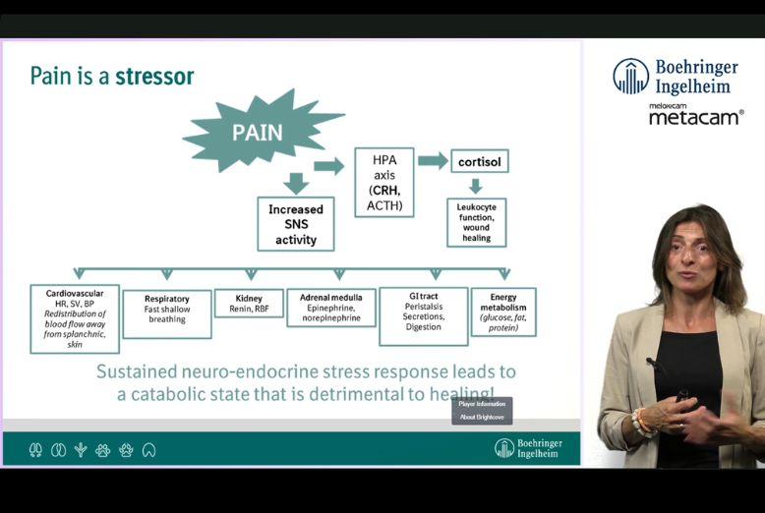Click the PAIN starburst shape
click(258, 132)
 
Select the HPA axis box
click(383, 183)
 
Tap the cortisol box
click(479, 160)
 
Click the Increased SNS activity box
click(295, 224)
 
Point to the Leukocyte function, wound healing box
click(476, 222)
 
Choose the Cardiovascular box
click(75, 318)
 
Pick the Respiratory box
click(167, 313)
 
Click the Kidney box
click(249, 303)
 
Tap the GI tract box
click(424, 315)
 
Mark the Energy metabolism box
click(503, 312)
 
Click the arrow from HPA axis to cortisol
click(432, 161)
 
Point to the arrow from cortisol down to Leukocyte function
click(476, 186)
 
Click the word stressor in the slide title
click(154, 76)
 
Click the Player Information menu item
click(482, 404)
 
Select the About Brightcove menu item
click(482, 417)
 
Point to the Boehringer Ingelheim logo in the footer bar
click(532, 449)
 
